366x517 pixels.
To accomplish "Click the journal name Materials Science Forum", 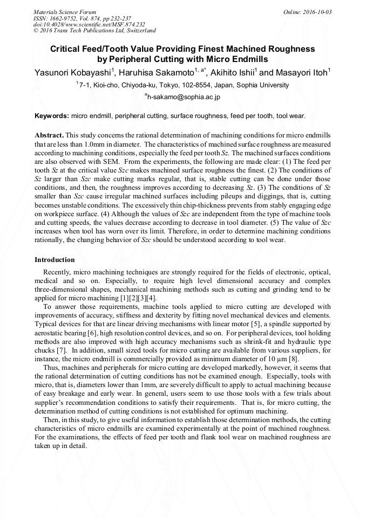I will pos(65,12).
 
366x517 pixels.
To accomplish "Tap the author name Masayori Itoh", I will pos(300,72).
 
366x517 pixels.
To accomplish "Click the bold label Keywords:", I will pos(52,116).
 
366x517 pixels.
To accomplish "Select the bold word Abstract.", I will pos(49,134).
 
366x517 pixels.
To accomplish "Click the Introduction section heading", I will pos(55,260).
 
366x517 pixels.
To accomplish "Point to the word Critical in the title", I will pos(67,49).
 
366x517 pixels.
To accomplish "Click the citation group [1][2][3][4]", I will pos(138,298).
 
